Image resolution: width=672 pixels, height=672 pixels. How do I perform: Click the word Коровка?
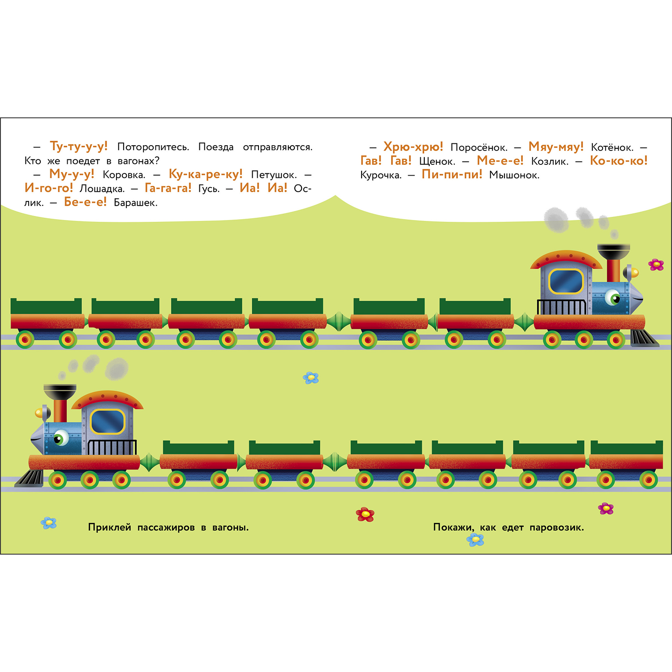click(124, 175)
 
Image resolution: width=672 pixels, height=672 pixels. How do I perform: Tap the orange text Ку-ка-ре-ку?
click(206, 174)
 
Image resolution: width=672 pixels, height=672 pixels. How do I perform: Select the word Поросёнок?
click(479, 147)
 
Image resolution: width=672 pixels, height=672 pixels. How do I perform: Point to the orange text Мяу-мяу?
click(556, 146)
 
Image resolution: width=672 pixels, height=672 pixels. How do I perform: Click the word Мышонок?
click(514, 175)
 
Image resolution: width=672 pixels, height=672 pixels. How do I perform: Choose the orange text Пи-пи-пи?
click(452, 174)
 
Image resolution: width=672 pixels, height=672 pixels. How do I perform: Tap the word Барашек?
click(135, 202)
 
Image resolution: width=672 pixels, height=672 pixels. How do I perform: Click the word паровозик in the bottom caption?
click(556, 527)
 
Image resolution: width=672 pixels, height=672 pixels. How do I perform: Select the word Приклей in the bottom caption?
click(109, 527)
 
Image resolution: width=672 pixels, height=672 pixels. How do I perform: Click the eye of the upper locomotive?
click(612, 297)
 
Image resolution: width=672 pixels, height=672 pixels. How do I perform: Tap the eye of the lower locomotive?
click(61, 437)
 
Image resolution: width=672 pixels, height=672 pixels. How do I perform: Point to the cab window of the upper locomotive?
click(566, 281)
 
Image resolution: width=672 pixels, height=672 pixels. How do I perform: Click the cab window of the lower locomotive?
click(108, 422)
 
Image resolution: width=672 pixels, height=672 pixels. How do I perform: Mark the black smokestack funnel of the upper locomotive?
click(614, 251)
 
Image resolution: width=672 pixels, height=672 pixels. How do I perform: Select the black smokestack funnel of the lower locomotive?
click(60, 392)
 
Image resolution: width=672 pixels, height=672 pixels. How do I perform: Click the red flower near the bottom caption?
click(365, 514)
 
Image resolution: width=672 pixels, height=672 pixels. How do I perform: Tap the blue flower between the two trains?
click(311, 378)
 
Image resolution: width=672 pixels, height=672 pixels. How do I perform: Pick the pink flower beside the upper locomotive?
click(656, 265)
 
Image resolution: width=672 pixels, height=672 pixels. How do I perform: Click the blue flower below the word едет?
click(475, 540)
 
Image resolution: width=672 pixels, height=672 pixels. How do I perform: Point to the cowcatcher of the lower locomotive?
click(30, 478)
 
